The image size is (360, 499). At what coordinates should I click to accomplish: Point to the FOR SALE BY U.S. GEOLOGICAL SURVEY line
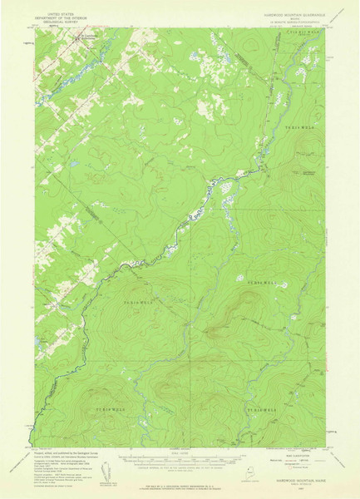click(x=180, y=485)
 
